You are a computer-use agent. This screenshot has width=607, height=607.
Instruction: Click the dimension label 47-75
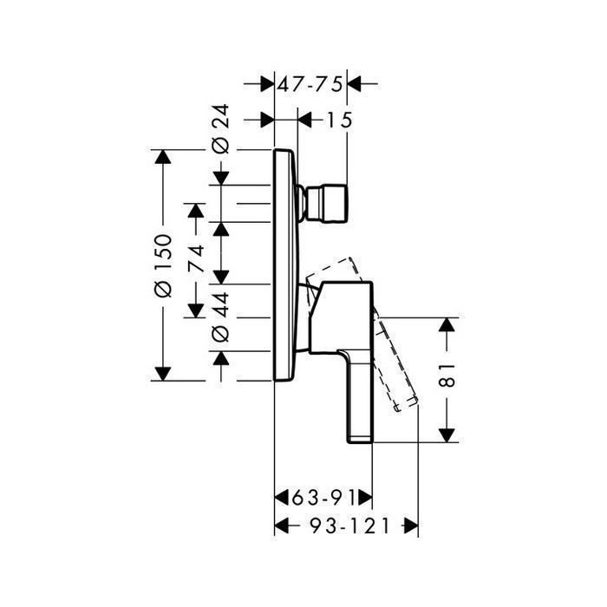tap(310, 84)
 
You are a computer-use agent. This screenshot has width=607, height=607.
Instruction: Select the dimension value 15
tap(340, 120)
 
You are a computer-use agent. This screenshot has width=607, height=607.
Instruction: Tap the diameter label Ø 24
tap(221, 129)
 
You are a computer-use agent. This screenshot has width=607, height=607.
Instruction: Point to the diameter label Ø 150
tap(163, 265)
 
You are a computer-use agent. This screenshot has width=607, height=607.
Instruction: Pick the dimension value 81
tap(447, 375)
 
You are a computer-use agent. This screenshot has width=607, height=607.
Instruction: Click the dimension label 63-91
tap(323, 498)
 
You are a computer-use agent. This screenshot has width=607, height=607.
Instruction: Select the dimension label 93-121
tap(350, 526)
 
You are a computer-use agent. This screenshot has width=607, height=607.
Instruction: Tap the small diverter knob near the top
tap(323, 204)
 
